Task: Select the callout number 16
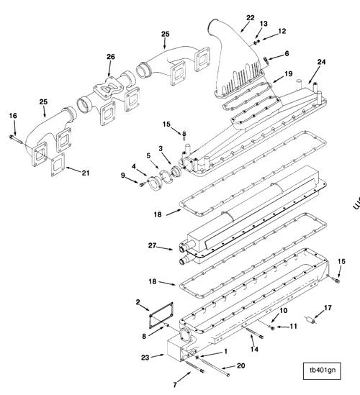tap(12, 115)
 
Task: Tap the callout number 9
tap(123, 174)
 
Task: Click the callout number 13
tap(263, 24)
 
